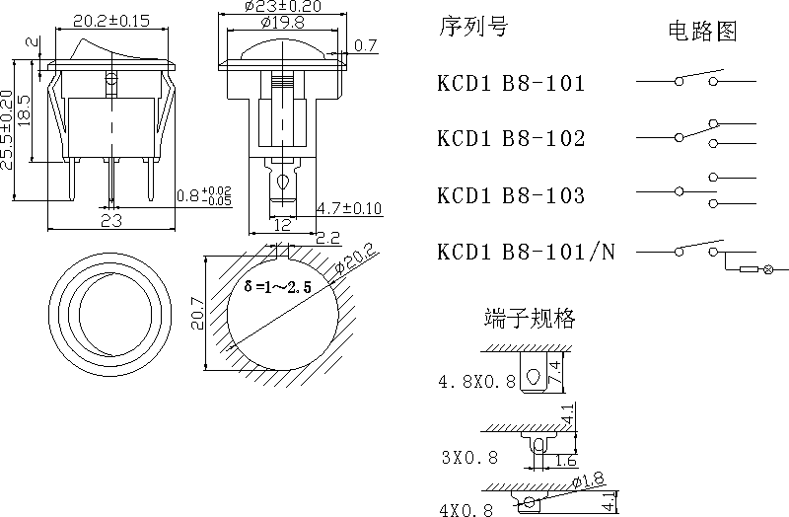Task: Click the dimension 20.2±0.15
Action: click(111, 20)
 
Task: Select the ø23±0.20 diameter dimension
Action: click(286, 6)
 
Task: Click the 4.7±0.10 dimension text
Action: click(349, 208)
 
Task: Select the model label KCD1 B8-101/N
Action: click(526, 253)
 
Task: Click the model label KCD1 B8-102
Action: click(511, 139)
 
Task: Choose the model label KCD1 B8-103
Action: click(511, 195)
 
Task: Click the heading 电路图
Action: click(702, 32)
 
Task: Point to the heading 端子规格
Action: click(530, 318)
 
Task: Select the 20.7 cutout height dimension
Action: click(196, 312)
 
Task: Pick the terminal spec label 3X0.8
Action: click(468, 457)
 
